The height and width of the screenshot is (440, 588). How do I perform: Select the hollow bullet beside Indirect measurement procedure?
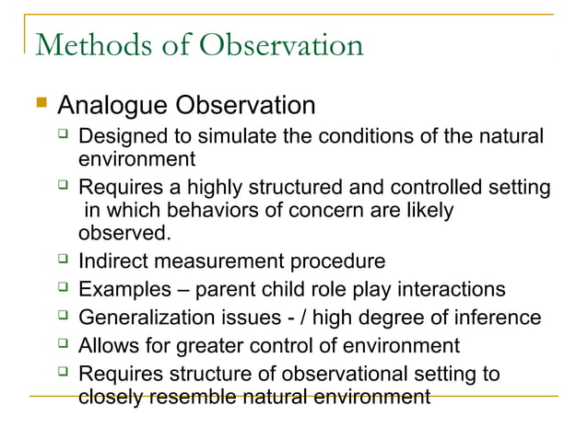[x=64, y=262]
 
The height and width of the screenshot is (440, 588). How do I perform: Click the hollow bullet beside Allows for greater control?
[x=64, y=346]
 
